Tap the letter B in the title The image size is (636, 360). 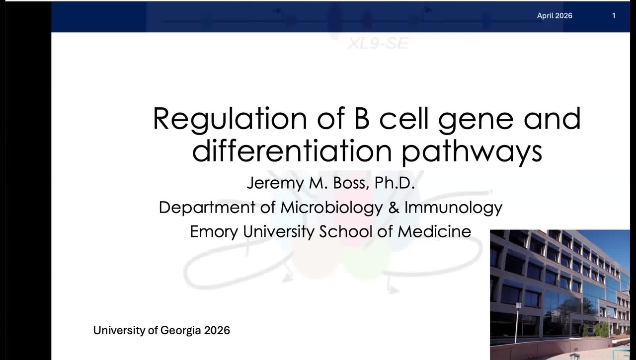pyautogui.click(x=362, y=118)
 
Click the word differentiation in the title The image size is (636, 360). pyautogui.click(x=292, y=150)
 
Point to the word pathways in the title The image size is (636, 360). pyautogui.click(x=472, y=152)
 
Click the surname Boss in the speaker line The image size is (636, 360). pyautogui.click(x=351, y=183)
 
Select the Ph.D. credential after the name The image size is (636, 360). pyautogui.click(x=395, y=183)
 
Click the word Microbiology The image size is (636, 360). pyautogui.click(x=331, y=208)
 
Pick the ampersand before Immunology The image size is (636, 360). pyautogui.click(x=394, y=208)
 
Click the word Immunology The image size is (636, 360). pyautogui.click(x=454, y=208)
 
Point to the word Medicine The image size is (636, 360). pyautogui.click(x=434, y=231)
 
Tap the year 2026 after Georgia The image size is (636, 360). pyautogui.click(x=217, y=331)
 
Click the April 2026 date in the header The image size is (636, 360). pyautogui.click(x=555, y=16)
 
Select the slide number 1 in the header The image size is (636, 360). pyautogui.click(x=614, y=16)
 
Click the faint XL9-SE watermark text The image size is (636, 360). pyautogui.click(x=378, y=44)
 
